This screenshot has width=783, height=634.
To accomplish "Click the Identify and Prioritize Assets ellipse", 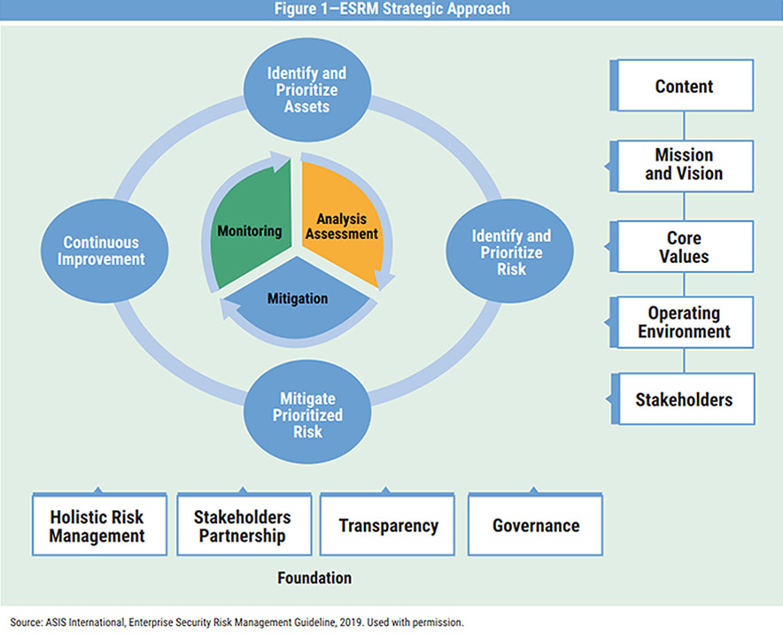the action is tap(307, 89).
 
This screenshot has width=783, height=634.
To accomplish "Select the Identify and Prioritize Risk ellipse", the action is tap(510, 251).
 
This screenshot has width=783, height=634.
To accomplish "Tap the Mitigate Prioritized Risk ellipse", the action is tap(307, 413).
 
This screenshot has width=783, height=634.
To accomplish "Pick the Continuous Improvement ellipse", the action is tap(104, 251).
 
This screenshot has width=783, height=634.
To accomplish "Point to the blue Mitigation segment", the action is tap(298, 299).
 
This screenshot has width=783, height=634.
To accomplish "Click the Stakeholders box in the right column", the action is tap(683, 398).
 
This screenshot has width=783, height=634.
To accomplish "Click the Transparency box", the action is tap(387, 524).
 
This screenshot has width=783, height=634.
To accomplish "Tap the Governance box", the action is tap(535, 524).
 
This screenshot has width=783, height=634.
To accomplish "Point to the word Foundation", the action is tap(314, 578).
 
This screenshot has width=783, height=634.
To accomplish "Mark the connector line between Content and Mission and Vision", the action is tap(684, 126).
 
